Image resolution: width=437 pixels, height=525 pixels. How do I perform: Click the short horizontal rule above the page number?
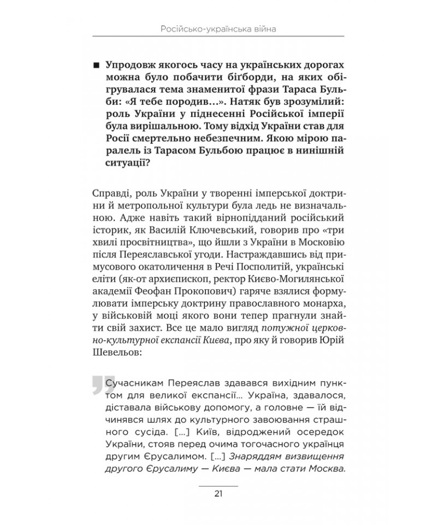[x=218, y=485]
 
